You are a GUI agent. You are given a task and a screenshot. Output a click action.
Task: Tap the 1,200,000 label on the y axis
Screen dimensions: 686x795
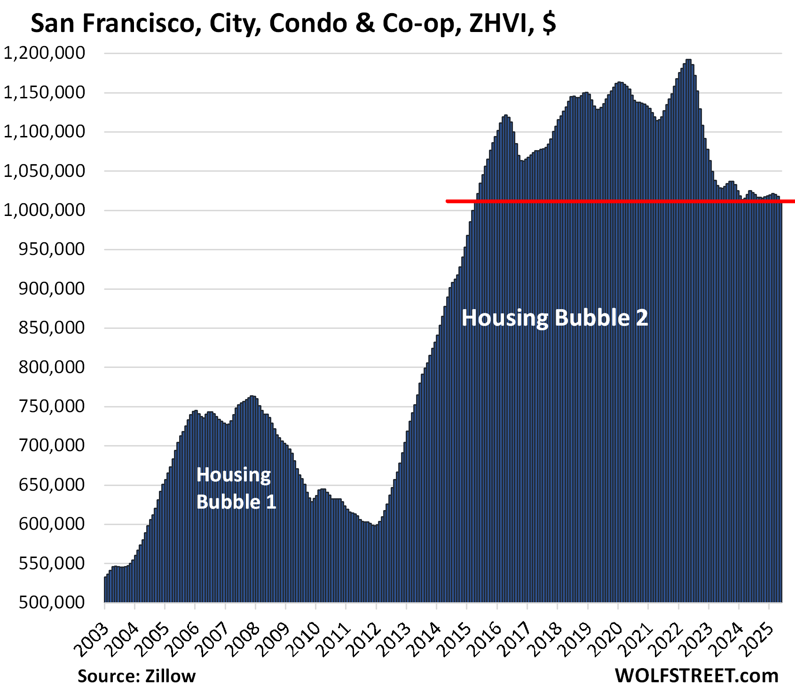45,53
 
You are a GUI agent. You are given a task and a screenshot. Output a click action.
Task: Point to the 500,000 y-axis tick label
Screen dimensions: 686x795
52,602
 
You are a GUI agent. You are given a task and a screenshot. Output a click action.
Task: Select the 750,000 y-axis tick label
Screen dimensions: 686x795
52,406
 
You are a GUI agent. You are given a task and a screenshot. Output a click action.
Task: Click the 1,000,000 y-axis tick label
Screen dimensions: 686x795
45,210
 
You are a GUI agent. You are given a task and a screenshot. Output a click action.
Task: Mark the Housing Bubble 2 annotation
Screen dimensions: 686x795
555,318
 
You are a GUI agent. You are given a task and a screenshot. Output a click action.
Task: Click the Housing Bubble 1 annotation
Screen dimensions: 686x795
236,488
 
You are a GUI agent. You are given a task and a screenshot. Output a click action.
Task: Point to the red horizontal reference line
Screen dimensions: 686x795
611,201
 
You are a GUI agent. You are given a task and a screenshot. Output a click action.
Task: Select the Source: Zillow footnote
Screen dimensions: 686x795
136,676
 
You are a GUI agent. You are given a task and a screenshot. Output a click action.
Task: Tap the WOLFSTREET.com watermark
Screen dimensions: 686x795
696,676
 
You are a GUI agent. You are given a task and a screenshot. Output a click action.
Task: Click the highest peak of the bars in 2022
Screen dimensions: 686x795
688,60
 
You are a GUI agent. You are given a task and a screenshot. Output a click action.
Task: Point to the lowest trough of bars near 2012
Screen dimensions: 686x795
375,526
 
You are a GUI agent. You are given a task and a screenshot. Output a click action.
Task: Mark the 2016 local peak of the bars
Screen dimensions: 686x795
506,116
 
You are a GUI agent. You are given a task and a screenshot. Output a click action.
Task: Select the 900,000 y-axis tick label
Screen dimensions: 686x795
52,288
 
